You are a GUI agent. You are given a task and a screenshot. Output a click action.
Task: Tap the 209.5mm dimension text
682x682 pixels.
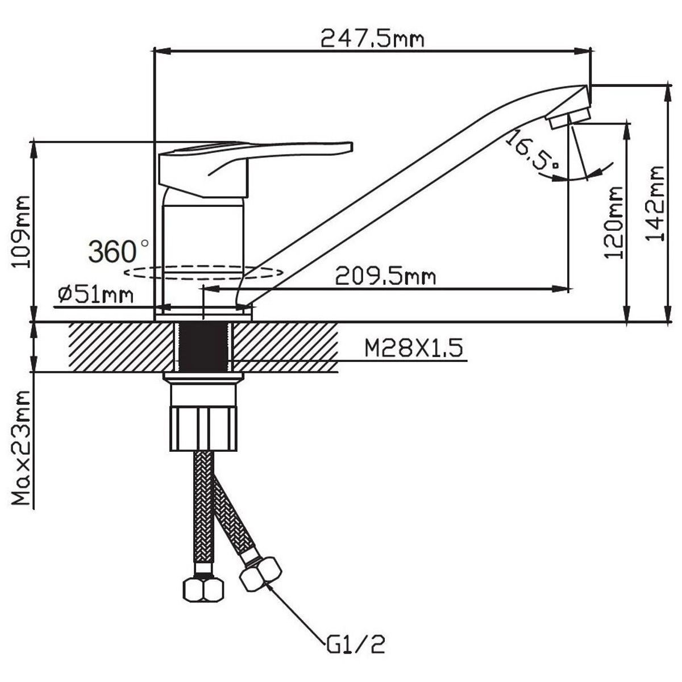(x=385, y=276)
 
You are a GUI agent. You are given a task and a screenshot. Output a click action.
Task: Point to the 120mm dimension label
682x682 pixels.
(x=614, y=223)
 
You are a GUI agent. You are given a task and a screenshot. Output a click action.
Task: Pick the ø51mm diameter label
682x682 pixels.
(x=95, y=295)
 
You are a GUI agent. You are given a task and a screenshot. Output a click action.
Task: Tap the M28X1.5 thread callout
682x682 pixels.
(x=413, y=348)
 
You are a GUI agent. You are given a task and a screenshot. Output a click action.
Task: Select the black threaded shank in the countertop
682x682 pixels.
(x=203, y=346)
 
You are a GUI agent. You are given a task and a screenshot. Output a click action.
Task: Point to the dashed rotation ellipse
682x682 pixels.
(x=203, y=272)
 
